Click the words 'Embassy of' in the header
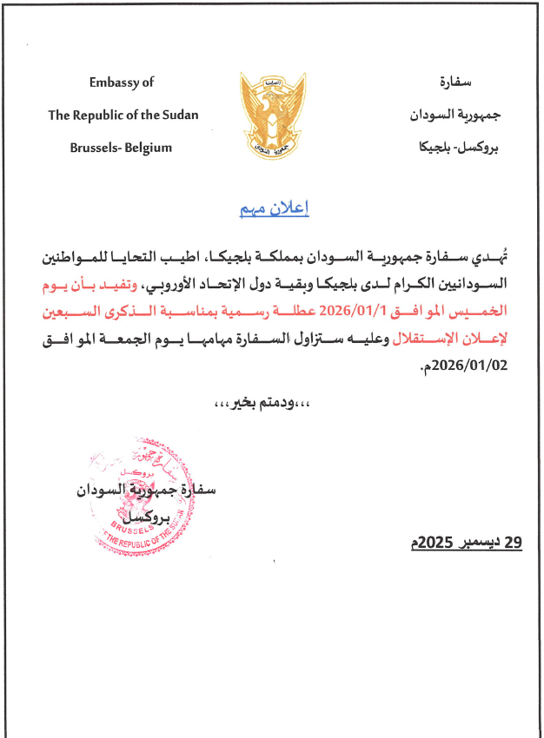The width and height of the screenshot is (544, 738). (122, 82)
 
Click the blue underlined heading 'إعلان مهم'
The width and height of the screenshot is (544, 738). (274, 210)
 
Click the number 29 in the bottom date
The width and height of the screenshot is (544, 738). (512, 544)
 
